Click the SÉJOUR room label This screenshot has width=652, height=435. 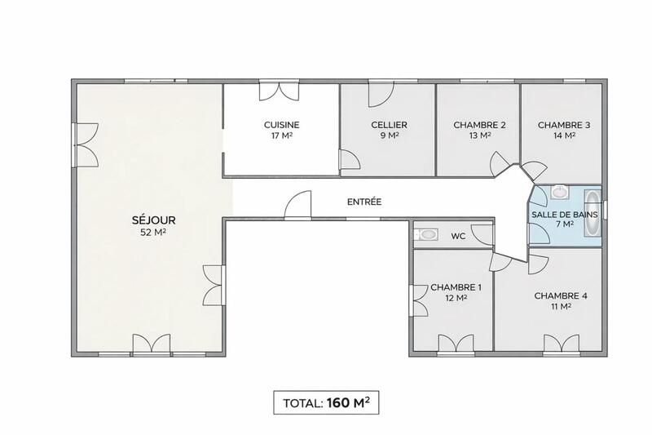(153, 220)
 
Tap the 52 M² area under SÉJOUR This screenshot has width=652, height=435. (153, 233)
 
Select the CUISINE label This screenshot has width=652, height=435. (281, 125)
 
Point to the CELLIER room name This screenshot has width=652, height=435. (389, 125)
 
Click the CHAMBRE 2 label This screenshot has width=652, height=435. (479, 125)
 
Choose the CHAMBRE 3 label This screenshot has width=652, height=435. (564, 125)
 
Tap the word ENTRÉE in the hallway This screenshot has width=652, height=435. (364, 202)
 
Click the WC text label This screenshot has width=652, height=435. (458, 236)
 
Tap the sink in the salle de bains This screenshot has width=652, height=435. (558, 193)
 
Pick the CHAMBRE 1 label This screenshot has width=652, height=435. (456, 287)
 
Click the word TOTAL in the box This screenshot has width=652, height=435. (302, 403)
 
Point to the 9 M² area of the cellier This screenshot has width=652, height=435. (389, 136)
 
